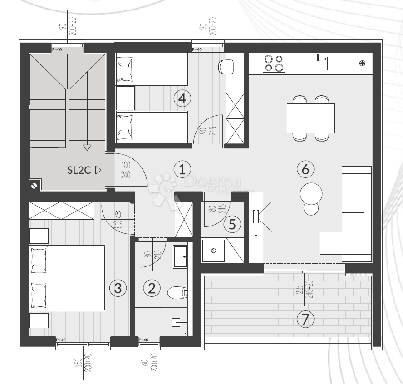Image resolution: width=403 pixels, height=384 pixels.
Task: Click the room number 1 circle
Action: coord(182,169)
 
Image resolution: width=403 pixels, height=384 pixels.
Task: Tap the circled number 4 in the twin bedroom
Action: coord(182,98)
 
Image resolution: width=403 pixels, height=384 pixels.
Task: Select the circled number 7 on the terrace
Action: coord(305,319)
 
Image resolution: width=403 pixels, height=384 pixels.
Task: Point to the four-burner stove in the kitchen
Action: coord(275,63)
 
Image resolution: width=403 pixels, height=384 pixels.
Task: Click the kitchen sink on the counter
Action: coord(319,63)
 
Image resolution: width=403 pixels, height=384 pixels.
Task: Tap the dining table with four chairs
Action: coord(311,118)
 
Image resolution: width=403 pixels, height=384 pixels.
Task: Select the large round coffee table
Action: coord(311,193)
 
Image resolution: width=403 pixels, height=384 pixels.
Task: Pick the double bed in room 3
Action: coord(68,278)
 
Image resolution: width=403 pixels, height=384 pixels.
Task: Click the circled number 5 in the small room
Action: coord(232,224)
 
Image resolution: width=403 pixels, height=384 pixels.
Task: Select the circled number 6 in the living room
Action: coord(305,169)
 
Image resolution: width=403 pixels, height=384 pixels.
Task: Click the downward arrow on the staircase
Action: coord(87,147)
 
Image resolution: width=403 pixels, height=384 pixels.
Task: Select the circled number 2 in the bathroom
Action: coord(152,287)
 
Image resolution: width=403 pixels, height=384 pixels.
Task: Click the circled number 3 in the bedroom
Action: coord(118,287)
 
